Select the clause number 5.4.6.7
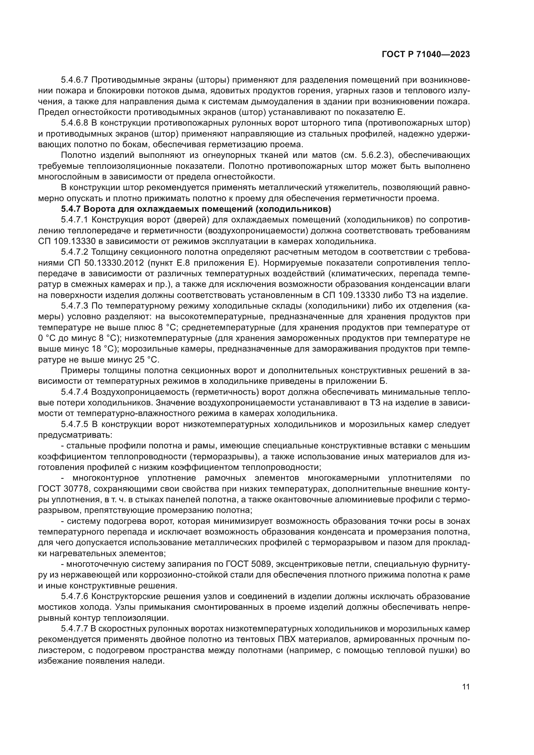(75, 80)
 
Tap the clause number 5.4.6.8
(75, 123)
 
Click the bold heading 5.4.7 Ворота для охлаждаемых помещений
(196, 209)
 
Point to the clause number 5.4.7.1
(75, 220)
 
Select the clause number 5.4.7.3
(75, 306)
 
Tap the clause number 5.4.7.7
(75, 629)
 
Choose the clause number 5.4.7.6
(75, 597)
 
